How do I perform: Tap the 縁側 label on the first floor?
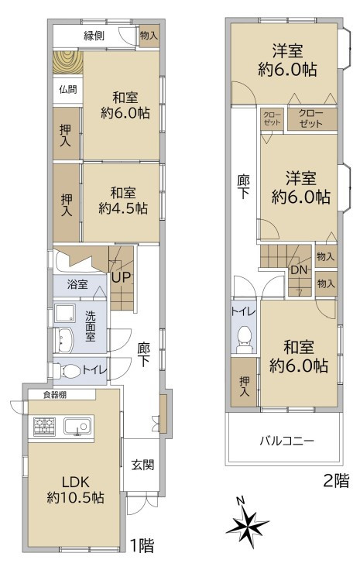click(94, 36)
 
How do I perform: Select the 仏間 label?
click(68, 89)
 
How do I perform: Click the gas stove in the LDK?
click(44, 427)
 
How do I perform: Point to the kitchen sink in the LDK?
click(77, 426)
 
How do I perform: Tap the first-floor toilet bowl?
click(69, 371)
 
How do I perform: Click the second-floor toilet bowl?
click(244, 339)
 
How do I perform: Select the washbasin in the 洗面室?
click(64, 340)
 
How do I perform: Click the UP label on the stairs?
click(121, 278)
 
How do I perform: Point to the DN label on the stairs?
click(299, 270)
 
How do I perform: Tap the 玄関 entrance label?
click(142, 465)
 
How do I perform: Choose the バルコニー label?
click(286, 441)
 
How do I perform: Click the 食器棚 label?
click(55, 395)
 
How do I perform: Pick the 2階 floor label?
click(336, 481)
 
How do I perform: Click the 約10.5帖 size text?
click(76, 497)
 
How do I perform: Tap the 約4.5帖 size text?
click(123, 208)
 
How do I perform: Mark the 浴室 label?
click(77, 284)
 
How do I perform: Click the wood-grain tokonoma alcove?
click(68, 63)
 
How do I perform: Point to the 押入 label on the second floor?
click(245, 386)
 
